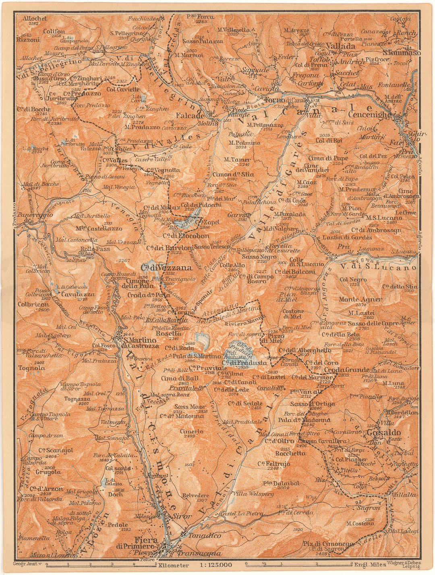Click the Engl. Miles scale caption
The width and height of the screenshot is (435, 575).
[370, 565]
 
